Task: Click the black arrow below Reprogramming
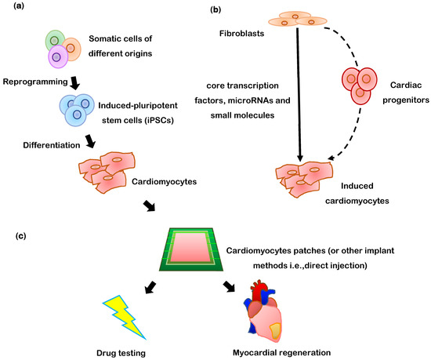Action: [75, 82]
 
